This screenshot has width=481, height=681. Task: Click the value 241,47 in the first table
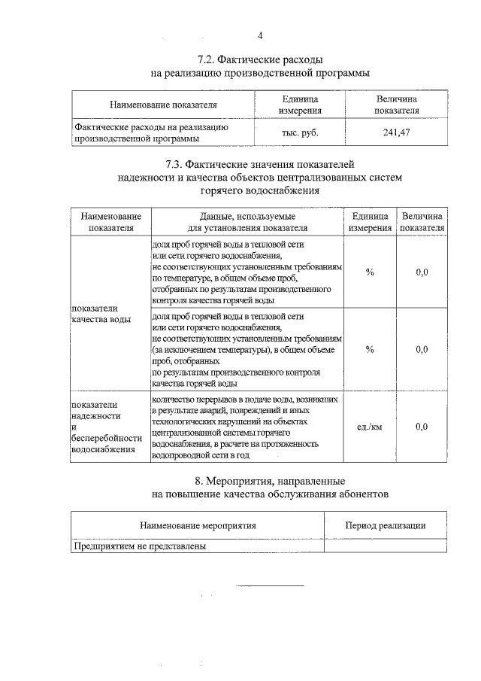click(396, 132)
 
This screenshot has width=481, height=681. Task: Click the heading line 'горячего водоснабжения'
click(260, 191)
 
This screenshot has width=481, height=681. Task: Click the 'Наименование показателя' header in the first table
click(162, 105)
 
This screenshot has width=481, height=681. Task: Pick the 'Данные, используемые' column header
click(247, 216)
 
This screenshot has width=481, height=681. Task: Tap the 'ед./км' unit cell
click(370, 427)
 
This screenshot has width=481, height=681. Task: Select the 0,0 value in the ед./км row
click(422, 427)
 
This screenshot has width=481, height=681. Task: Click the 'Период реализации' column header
click(385, 525)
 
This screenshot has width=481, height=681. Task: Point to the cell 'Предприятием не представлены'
click(139, 546)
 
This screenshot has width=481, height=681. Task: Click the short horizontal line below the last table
click(271, 585)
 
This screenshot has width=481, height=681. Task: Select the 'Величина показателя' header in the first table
click(396, 105)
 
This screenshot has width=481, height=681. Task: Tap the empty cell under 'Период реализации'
click(385, 546)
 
